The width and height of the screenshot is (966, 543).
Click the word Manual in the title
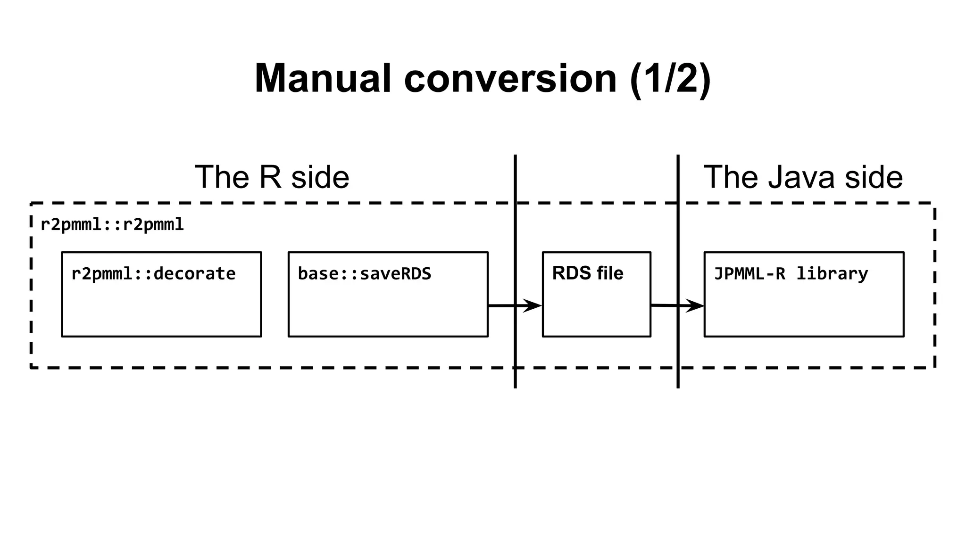pos(323,79)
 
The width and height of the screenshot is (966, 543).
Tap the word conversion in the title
pos(510,79)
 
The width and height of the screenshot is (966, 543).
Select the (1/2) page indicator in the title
pos(670,79)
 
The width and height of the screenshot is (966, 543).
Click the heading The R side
pos(272,177)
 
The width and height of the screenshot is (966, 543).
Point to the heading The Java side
pos(803,177)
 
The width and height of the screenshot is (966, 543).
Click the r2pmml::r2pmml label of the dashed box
pos(112,225)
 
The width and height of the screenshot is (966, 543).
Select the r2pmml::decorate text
pos(153,274)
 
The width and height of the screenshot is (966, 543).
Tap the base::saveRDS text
pos(364,274)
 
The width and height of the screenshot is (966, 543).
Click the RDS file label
pos(587,273)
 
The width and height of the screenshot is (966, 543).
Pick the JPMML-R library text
pos(791,274)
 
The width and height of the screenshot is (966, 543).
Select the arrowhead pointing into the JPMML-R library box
pos(695,306)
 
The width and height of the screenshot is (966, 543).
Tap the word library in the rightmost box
pos(832,274)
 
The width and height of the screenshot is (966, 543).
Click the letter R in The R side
pos(270,177)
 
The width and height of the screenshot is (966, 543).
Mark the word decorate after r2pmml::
pos(194,274)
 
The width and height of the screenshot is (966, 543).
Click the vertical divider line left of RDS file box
pos(515,236)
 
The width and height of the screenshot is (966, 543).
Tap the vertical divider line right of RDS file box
pos(678,236)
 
